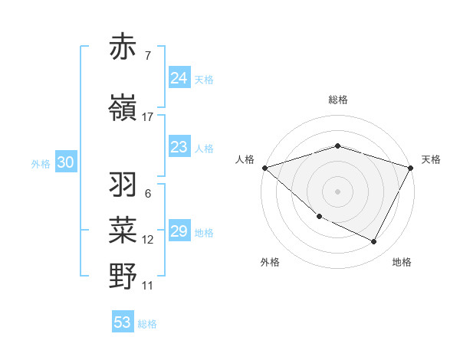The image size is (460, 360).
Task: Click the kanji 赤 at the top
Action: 123,47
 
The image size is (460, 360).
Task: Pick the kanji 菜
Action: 123,231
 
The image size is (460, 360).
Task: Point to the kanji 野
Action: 123,276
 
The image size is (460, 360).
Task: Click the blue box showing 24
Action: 179,78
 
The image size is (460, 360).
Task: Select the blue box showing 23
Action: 179,147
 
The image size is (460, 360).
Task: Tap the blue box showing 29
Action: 179,231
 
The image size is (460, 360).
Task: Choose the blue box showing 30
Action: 65,162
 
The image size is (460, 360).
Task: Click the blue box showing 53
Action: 123,322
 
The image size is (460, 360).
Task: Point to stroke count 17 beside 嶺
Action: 148,117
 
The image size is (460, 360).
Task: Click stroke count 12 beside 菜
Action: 148,240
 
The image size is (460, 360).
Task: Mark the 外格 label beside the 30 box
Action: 41,163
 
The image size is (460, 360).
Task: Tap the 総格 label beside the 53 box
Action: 147,324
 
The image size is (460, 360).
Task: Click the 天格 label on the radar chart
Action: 431,159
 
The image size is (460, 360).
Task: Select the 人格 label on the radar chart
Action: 245,159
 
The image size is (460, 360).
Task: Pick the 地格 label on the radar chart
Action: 402,262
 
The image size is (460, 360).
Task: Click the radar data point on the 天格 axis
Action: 411,167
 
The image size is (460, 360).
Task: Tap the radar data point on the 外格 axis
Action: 319,216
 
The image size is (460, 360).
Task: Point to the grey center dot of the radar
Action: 337,191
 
